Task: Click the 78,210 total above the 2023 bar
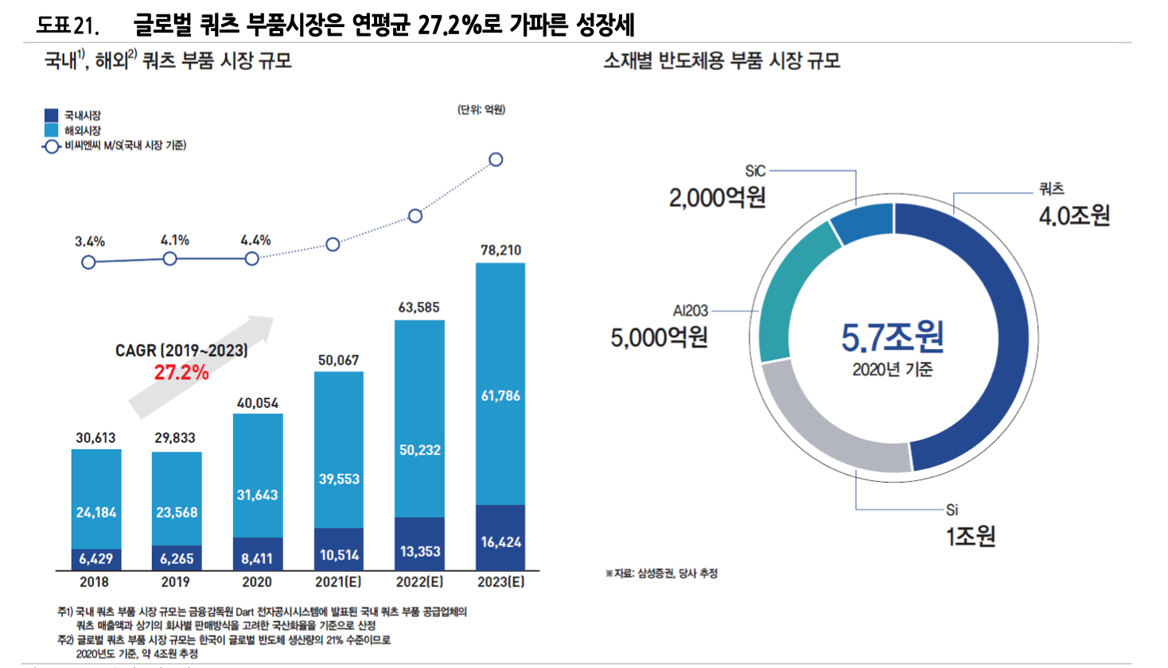tap(500, 250)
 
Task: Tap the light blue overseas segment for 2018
tap(96, 499)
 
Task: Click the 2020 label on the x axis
tap(257, 582)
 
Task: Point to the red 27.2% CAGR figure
tap(181, 372)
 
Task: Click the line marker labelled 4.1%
tap(169, 258)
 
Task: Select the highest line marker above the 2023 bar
tap(496, 160)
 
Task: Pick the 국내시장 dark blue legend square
tap(52, 115)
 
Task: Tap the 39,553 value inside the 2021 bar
tap(339, 479)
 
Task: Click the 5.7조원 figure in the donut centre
tap(893, 337)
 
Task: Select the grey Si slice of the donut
tap(827, 429)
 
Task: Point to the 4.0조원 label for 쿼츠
tap(1074, 216)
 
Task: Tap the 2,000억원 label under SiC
tap(717, 197)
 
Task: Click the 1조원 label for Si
tap(971, 536)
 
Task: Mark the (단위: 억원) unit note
tap(481, 110)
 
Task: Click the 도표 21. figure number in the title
tap(68, 25)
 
